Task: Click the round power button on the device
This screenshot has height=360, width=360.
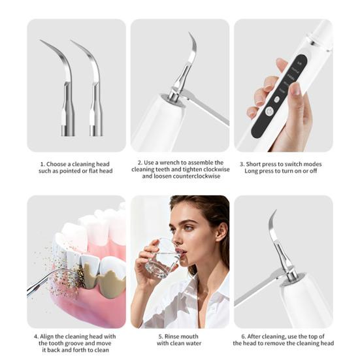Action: tap(269, 111)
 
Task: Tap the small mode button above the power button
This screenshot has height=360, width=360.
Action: tap(277, 99)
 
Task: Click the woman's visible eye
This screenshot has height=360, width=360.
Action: tap(189, 228)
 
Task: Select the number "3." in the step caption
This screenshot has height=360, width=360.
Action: tap(242, 164)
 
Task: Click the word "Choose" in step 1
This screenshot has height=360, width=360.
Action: tap(56, 164)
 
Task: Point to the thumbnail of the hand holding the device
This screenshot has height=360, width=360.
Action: tap(284, 86)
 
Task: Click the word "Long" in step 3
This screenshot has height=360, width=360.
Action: tap(250, 171)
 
